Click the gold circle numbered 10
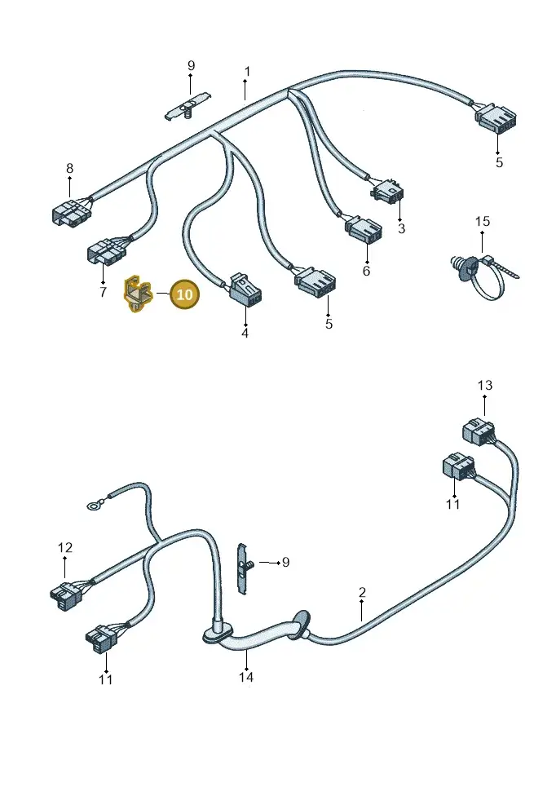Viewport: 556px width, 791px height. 185,294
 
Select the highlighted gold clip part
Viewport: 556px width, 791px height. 137,294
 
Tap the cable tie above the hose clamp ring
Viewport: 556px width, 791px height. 500,267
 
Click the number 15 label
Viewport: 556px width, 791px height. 483,221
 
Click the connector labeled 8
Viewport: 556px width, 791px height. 71,212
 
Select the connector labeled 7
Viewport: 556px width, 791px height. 106,251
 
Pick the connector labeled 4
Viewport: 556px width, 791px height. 245,290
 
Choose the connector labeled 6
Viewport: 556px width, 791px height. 364,231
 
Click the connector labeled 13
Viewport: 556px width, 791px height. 479,432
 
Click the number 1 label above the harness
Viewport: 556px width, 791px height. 246,72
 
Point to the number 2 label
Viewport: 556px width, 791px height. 362,592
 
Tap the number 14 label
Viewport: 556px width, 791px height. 246,677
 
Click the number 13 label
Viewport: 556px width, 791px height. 485,386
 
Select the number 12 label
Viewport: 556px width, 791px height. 65,547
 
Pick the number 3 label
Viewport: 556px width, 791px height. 401,228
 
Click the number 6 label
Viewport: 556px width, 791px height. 366,271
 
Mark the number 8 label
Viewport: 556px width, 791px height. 69,168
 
